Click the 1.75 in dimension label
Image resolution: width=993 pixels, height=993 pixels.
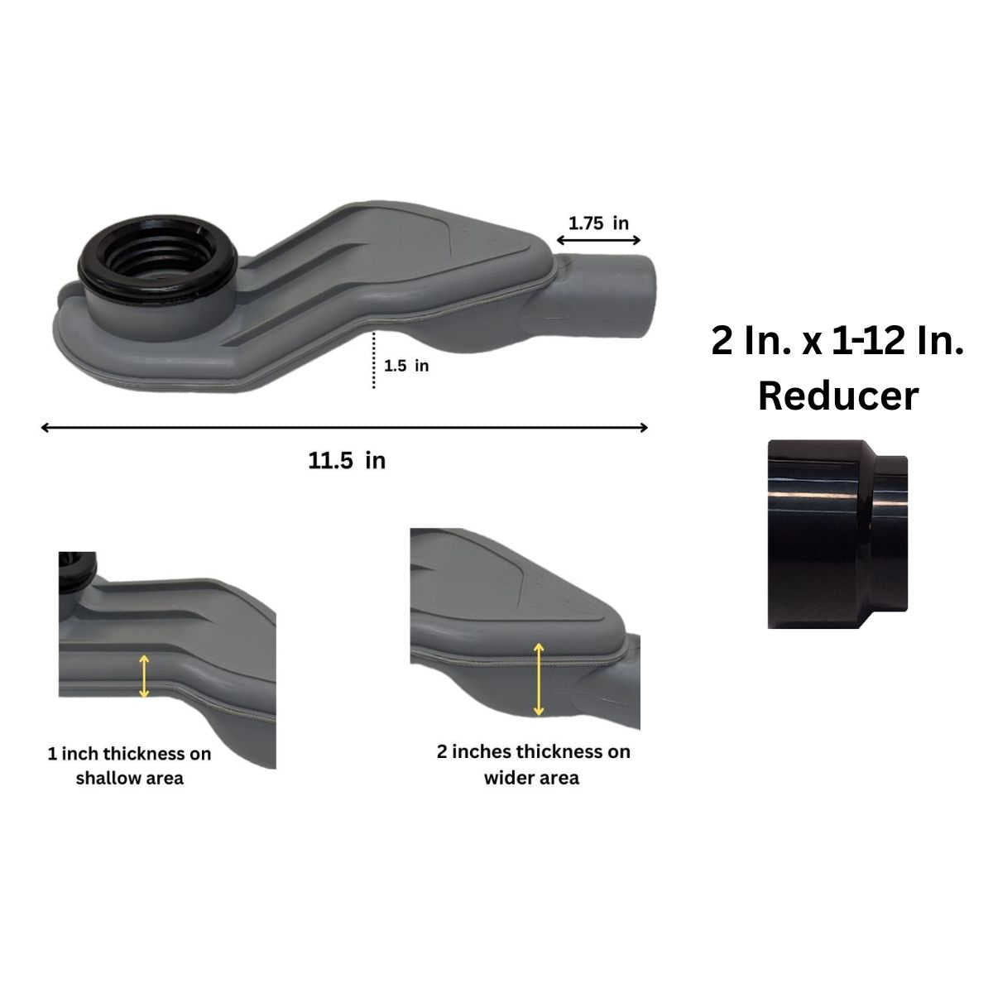pyautogui.click(x=597, y=223)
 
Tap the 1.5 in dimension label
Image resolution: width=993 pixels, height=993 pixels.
pyautogui.click(x=406, y=366)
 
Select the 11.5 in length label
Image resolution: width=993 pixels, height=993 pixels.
pyautogui.click(x=347, y=461)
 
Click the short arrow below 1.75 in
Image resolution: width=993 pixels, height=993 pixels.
pyautogui.click(x=598, y=240)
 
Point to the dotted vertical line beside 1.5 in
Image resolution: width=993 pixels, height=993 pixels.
pyautogui.click(x=374, y=360)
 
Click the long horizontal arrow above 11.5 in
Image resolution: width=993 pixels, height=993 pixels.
pyautogui.click(x=344, y=428)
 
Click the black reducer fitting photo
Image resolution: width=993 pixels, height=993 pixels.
pyautogui.click(x=837, y=534)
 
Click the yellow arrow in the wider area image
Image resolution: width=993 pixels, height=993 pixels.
pyautogui.click(x=539, y=679)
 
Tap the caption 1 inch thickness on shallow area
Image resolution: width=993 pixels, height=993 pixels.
pyautogui.click(x=129, y=765)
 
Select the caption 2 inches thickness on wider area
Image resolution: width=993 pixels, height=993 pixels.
pyautogui.click(x=533, y=765)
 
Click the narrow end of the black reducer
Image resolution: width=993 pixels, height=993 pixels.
pyautogui.click(x=892, y=534)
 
